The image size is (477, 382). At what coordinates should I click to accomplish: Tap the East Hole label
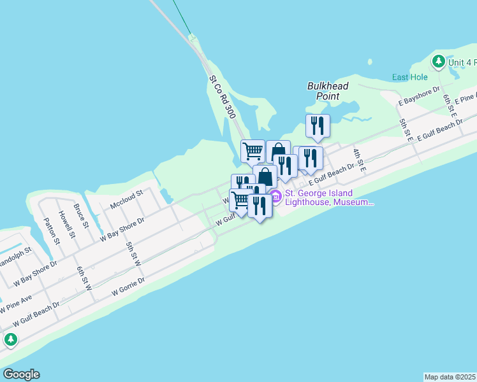pos(409,78)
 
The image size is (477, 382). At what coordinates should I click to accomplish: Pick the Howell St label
pos(66,224)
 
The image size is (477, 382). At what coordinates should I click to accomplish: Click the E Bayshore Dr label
pos(420,95)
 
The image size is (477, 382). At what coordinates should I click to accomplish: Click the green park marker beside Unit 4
pos(438,61)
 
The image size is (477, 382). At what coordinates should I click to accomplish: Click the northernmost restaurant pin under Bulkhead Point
pos(317,125)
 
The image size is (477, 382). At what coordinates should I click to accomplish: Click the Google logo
pos(21,374)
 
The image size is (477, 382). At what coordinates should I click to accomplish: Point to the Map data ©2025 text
pos(450,377)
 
